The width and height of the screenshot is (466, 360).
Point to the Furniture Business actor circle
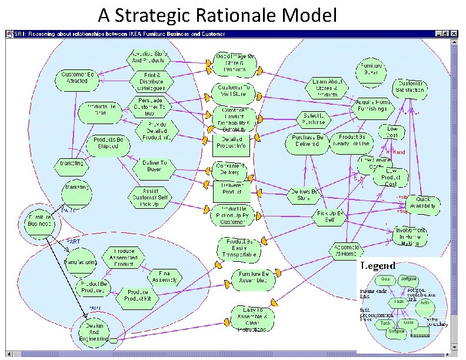(x=40, y=221)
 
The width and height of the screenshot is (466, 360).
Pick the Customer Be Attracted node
(x=79, y=78)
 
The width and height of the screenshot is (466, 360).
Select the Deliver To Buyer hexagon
(x=154, y=166)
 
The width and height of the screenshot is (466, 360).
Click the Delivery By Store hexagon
(x=304, y=195)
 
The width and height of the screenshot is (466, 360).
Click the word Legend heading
(x=378, y=266)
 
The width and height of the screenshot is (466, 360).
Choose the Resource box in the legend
(x=420, y=335)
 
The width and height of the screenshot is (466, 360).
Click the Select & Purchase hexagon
(x=314, y=119)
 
